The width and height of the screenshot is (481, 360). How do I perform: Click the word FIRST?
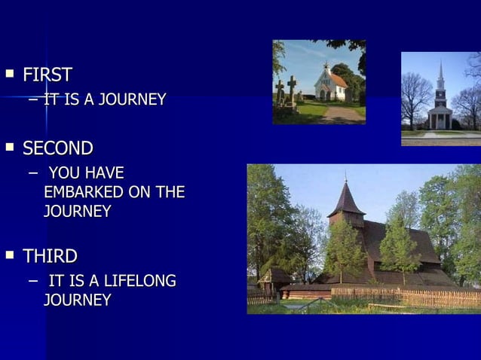47,75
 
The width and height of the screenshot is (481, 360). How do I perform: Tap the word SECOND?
58,148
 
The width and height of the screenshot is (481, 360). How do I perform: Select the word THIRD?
51,256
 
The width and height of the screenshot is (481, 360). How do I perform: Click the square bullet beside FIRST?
10,75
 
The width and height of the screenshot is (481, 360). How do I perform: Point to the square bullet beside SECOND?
10,148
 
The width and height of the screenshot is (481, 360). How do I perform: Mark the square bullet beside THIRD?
10,255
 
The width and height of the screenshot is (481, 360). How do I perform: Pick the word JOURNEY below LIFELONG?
78,300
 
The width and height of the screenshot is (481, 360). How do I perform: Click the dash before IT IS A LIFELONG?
32,281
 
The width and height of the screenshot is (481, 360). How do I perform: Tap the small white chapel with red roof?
329,84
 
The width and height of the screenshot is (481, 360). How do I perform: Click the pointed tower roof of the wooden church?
346,200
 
